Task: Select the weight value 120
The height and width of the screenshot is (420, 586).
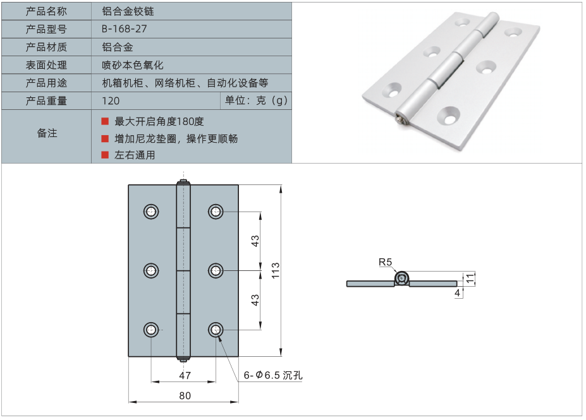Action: (x=111, y=101)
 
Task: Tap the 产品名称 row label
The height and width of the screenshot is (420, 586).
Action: (x=46, y=11)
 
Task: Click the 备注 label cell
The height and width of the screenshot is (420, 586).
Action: (x=47, y=133)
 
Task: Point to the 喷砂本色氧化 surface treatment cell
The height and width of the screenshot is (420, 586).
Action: (x=133, y=65)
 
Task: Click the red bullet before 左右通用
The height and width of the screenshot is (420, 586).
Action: (x=105, y=155)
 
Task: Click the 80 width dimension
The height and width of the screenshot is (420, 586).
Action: (x=184, y=396)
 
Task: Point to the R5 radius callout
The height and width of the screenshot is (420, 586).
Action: (x=386, y=261)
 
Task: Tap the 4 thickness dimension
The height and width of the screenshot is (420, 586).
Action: (x=456, y=293)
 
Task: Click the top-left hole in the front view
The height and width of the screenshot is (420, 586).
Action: (x=152, y=212)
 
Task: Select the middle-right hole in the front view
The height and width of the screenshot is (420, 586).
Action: (x=216, y=270)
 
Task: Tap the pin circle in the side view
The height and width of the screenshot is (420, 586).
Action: (x=402, y=279)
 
